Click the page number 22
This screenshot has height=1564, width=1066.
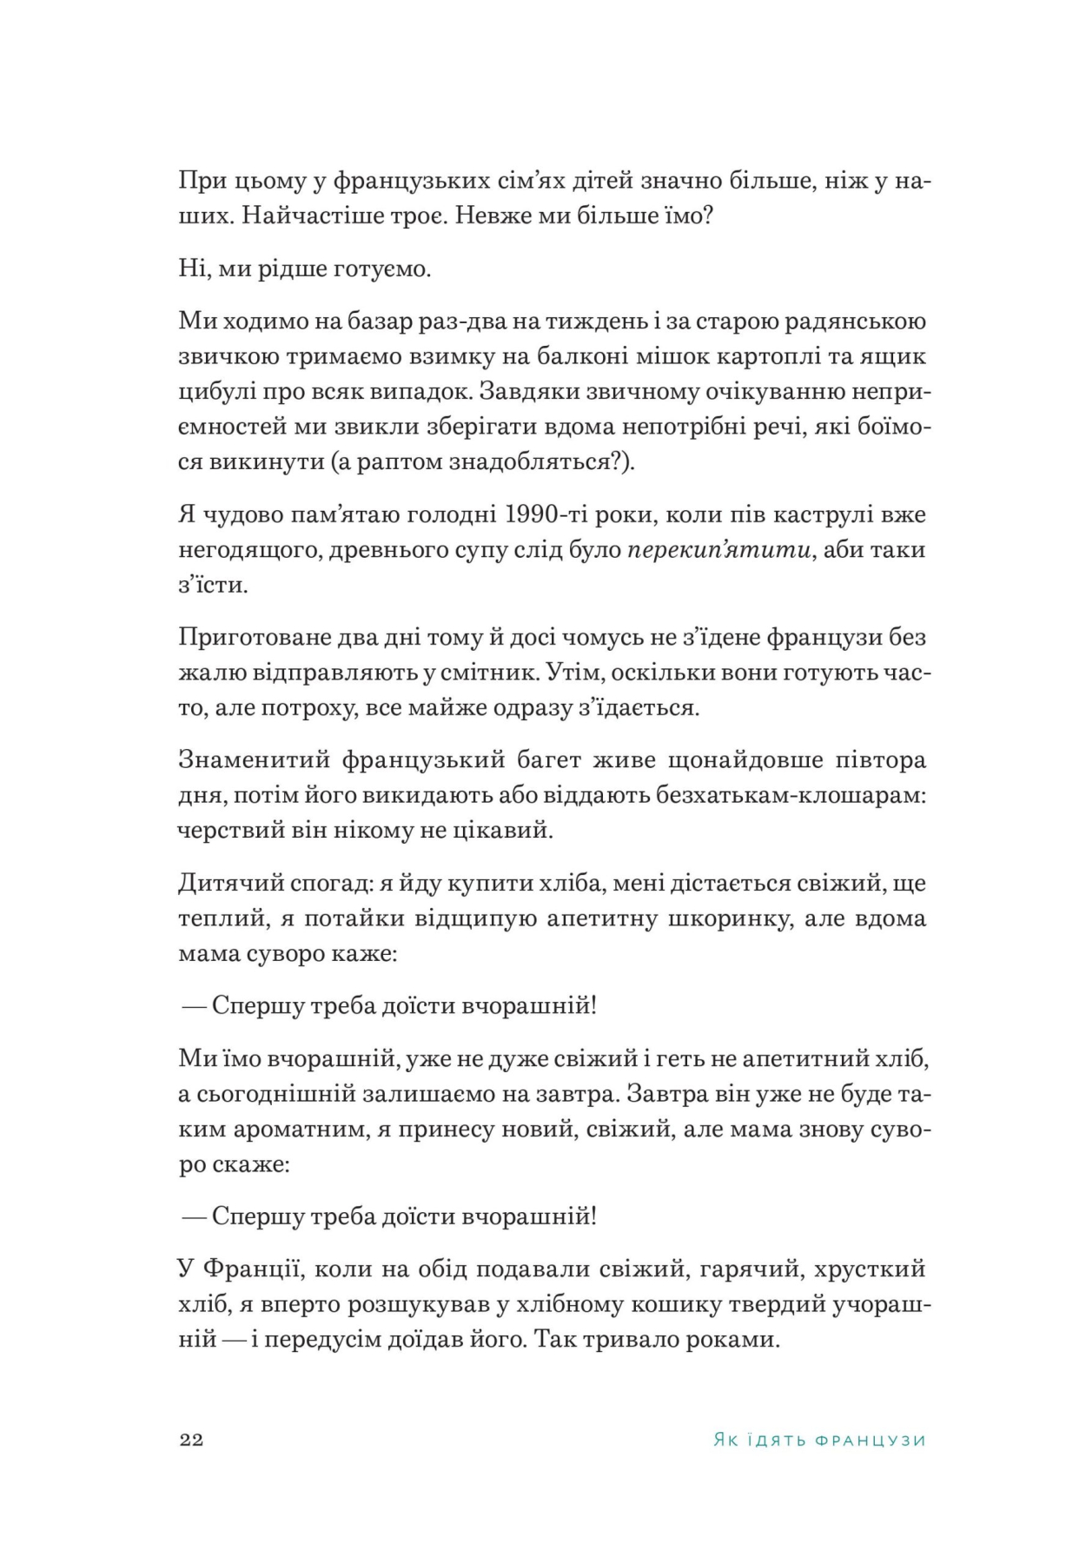point(191,1440)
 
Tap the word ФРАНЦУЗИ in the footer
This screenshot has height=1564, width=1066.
point(871,1441)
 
